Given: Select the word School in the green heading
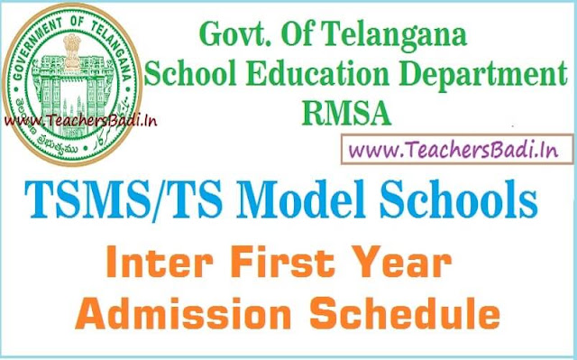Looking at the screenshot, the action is [x=190, y=73].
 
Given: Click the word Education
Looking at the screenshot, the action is [x=317, y=73].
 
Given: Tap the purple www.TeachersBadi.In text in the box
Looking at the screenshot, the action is [x=453, y=150].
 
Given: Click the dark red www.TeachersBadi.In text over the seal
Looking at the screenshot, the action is [x=80, y=120].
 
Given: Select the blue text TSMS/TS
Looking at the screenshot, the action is [x=124, y=201].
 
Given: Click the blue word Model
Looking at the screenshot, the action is [x=304, y=199].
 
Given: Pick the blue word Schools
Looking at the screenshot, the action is [x=459, y=199].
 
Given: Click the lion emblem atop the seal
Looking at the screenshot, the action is [x=72, y=51].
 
